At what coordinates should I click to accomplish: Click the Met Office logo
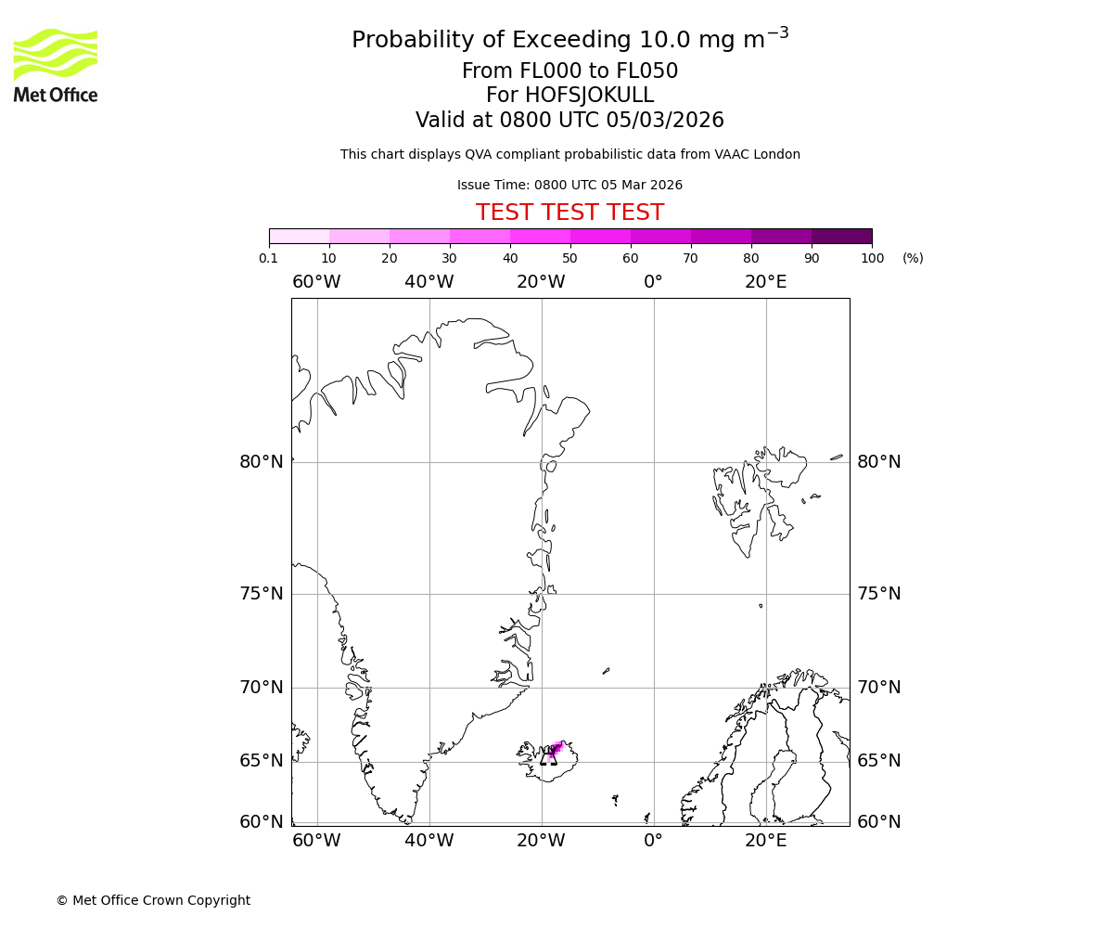coord(56,65)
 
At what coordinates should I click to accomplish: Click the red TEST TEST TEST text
coord(569,213)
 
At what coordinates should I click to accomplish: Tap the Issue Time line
coord(569,186)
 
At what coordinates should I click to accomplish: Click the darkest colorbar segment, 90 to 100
coord(841,236)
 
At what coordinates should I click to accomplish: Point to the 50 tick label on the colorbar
coord(569,259)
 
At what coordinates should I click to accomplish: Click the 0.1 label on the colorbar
coord(269,259)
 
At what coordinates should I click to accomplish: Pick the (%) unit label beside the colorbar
coord(913,259)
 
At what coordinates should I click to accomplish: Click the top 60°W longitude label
coord(316,282)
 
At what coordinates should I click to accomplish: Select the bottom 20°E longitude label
coord(765,841)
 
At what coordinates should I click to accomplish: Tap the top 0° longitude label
coord(653,282)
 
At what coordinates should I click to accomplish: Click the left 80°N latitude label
coord(262,462)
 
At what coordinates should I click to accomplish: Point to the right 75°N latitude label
coord(878,594)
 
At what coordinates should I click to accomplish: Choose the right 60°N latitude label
coord(878,822)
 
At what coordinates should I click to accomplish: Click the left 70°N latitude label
coord(262,688)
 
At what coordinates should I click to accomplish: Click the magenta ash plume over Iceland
coord(555,749)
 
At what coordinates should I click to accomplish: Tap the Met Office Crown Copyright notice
coord(153,901)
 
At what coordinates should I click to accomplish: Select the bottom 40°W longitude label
coord(429,841)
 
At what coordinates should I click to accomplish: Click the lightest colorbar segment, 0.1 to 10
coord(299,236)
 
